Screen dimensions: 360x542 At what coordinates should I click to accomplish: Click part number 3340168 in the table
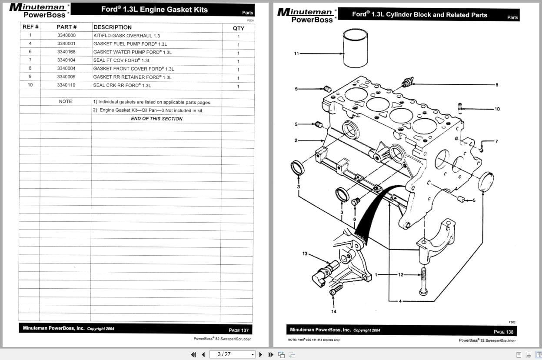[66, 52]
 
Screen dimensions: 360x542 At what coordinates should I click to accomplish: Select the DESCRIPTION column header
[112, 27]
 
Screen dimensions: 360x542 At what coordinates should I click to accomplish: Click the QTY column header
[238, 28]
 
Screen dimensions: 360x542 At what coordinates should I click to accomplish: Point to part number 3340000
[66, 36]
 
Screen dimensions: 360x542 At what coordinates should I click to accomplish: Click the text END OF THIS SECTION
[156, 119]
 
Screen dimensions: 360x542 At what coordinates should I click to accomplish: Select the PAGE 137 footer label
[239, 330]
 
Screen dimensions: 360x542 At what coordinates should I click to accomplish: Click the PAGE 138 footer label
[503, 332]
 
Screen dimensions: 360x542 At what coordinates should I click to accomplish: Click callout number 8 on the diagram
[497, 84]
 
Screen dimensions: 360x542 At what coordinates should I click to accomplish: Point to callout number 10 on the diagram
[497, 109]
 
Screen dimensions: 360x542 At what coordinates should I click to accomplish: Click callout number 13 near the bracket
[305, 253]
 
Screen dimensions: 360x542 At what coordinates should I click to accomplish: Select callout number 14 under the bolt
[333, 311]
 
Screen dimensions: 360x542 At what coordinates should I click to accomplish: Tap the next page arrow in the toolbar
[260, 354]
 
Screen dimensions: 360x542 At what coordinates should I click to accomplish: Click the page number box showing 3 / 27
[232, 354]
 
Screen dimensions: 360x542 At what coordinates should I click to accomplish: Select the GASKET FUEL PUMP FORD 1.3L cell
[130, 44]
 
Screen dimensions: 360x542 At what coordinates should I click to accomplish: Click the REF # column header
[30, 27]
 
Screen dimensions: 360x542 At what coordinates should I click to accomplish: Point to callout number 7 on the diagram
[496, 141]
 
